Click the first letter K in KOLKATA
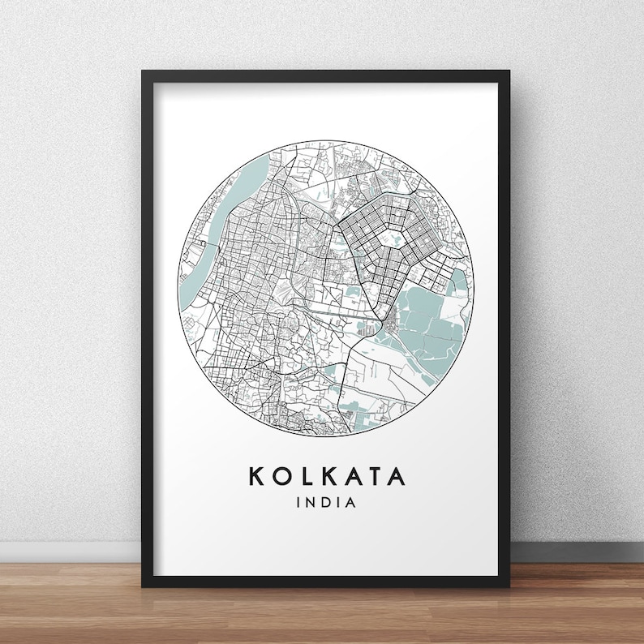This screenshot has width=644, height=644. click(255, 475)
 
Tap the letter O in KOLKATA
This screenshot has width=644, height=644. click(281, 475)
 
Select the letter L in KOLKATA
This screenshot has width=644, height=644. click(305, 475)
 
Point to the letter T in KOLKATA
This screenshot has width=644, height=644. click(374, 475)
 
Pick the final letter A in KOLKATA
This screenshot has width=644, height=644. click(397, 475)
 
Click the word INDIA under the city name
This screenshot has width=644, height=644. click(327, 502)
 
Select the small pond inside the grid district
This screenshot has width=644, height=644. click(397, 239)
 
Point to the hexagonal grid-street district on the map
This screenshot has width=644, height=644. click(381, 235)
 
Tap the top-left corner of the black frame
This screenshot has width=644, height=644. click(144, 73)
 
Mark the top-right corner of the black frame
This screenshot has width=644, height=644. click(507, 73)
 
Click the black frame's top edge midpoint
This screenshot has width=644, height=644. click(326, 74)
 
